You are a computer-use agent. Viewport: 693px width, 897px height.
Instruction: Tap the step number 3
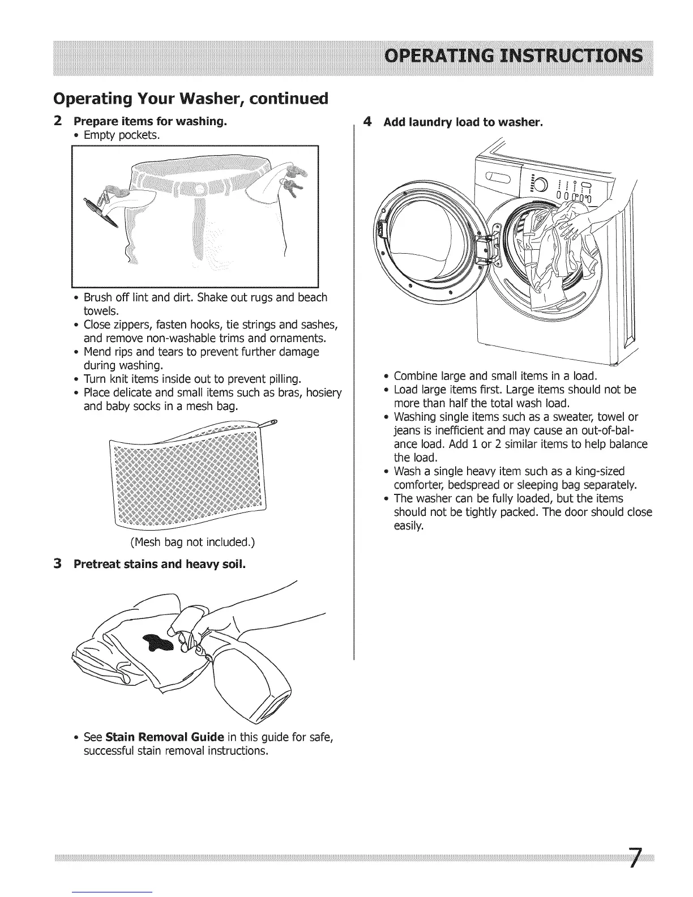[57, 564]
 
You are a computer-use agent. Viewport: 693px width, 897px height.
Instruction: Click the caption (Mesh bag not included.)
[192, 543]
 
